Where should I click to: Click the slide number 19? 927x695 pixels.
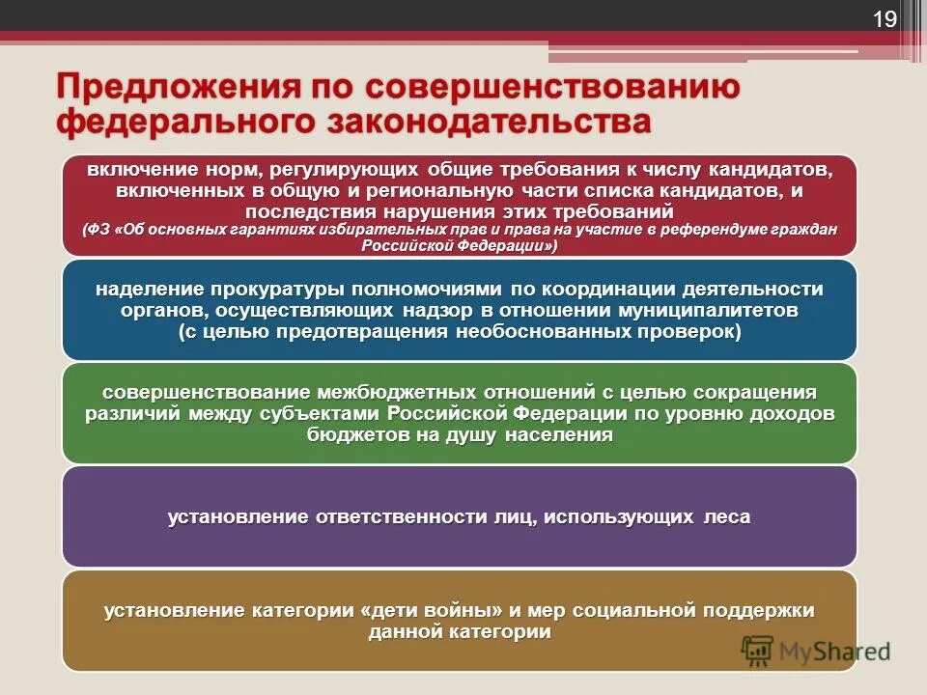[x=885, y=20]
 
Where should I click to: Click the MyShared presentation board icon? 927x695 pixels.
[x=759, y=651]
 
